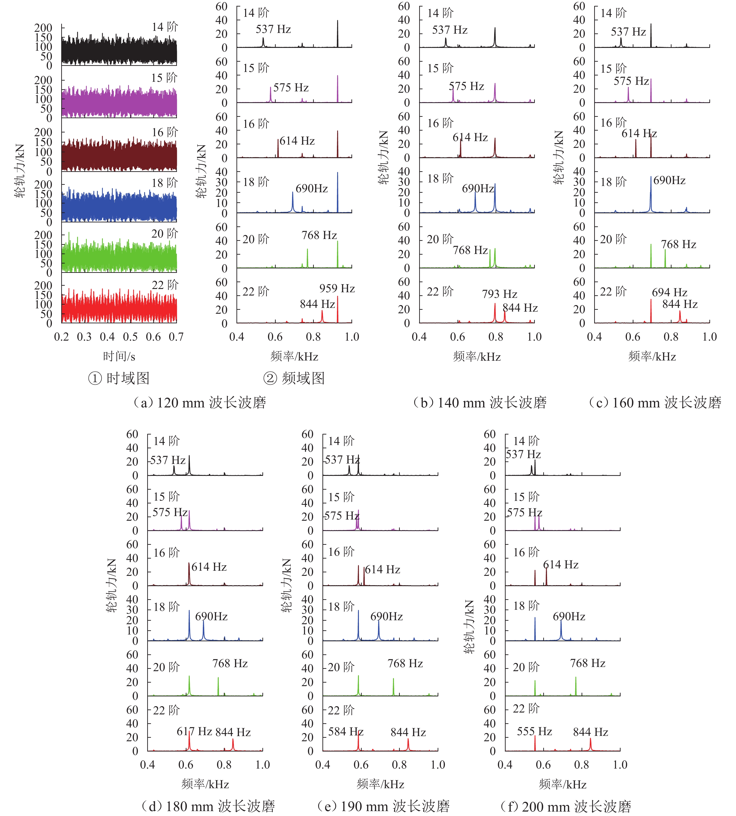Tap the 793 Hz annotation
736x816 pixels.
point(500,294)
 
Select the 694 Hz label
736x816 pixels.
point(669,292)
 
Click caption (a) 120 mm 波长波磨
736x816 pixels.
point(199,403)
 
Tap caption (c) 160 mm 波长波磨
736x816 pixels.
point(655,403)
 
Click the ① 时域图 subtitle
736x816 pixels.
point(119,378)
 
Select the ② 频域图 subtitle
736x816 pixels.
point(294,378)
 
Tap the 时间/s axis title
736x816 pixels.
point(119,356)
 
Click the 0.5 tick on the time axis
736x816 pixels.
point(130,337)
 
